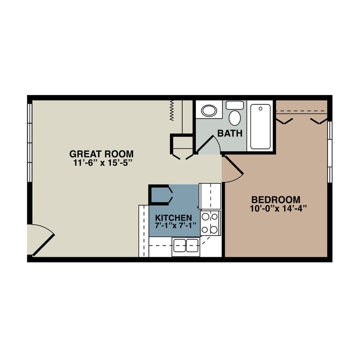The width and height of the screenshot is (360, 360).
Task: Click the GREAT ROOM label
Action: click(102, 154)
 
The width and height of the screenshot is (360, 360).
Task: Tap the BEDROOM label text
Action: click(276, 200)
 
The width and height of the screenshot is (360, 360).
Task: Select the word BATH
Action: click(230, 133)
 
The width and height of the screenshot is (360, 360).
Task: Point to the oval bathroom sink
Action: click(209, 111)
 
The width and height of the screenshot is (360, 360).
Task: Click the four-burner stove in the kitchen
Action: click(210, 223)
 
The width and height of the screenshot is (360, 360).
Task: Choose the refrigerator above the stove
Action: click(210, 196)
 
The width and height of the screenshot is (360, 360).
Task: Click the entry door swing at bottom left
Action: click(42, 241)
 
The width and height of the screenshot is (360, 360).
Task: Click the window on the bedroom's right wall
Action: click(330, 151)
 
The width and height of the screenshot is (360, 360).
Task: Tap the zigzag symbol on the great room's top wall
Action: click(172, 110)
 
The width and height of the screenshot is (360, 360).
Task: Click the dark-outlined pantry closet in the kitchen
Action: click(160, 195)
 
